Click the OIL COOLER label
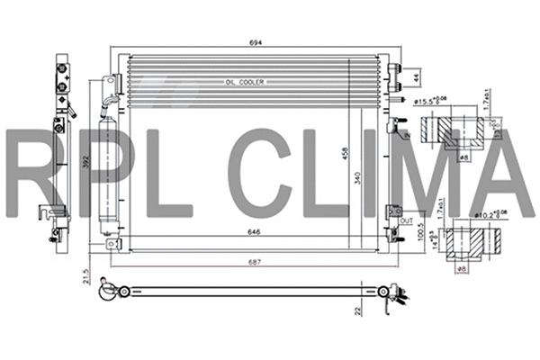pos(245,82)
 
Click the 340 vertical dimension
pos(358,178)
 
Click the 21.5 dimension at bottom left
pos(86,274)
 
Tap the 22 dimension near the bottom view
pos(357,310)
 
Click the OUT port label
pos(405,219)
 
